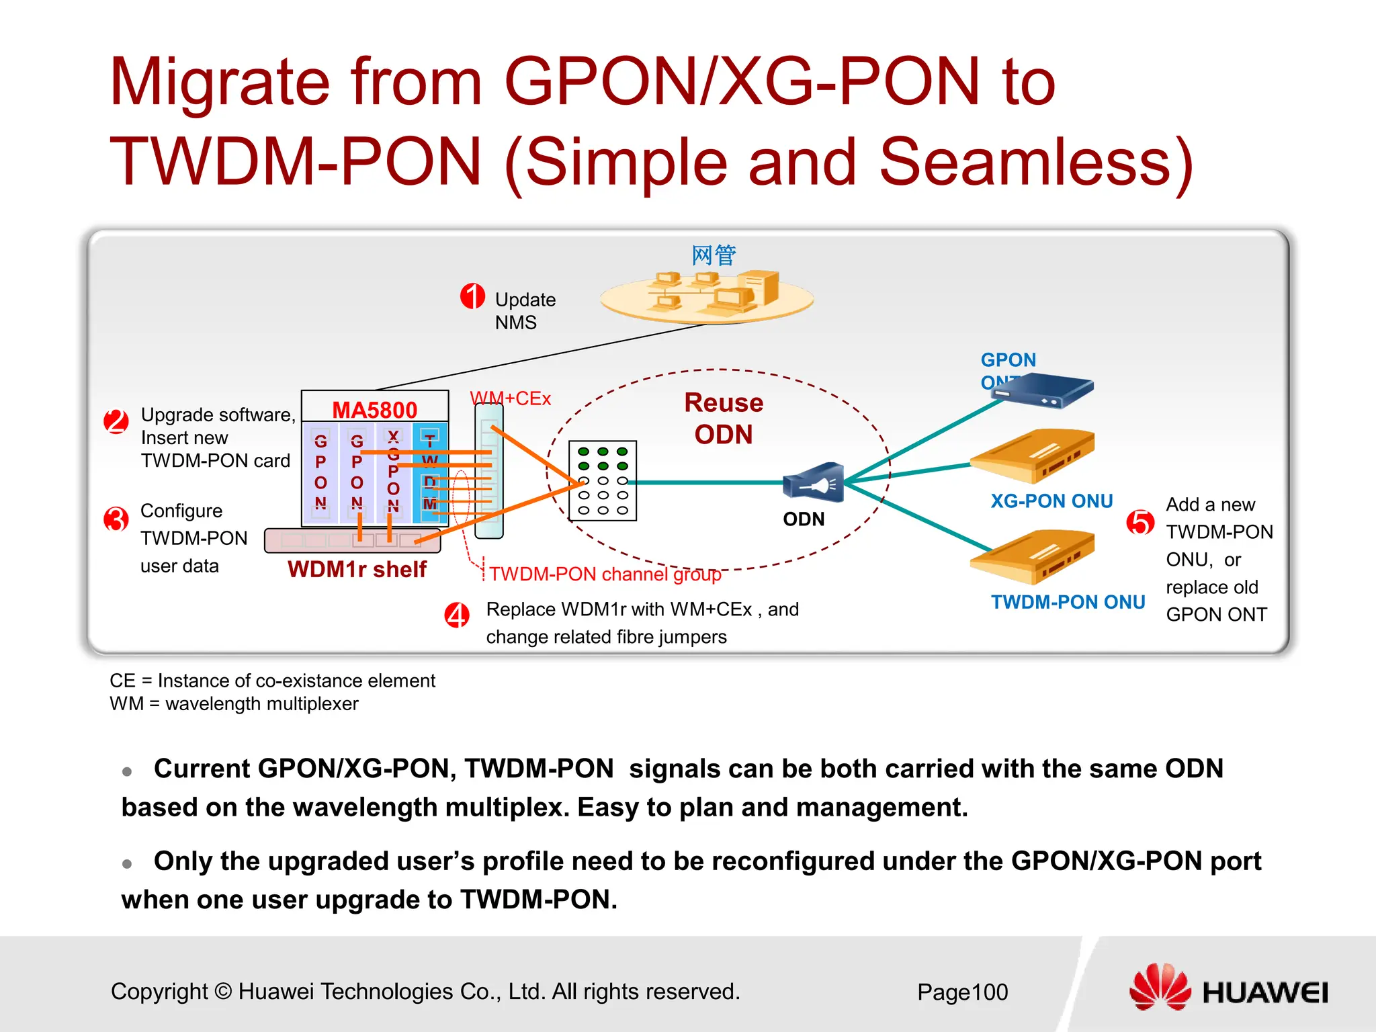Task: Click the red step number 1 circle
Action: point(472,296)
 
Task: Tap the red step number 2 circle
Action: point(116,422)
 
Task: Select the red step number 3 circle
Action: point(116,519)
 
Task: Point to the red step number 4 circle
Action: point(457,615)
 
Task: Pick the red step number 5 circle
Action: point(1140,522)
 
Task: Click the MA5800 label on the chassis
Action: point(374,410)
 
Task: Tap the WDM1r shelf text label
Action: point(357,570)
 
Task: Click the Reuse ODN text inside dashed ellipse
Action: point(723,419)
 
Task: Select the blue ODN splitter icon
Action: point(814,482)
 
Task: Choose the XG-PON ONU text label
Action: point(1051,501)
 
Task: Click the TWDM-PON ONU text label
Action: point(1068,602)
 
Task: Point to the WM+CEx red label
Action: point(511,398)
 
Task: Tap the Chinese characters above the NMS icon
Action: point(714,255)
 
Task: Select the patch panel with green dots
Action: point(602,481)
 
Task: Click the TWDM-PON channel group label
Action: point(605,574)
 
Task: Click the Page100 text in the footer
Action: point(962,992)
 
